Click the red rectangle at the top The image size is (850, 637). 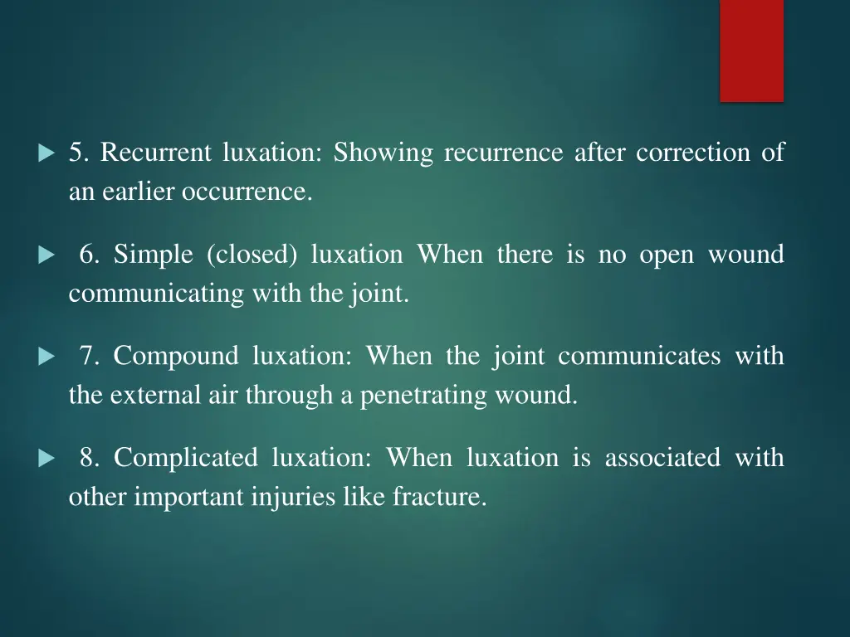pos(751,51)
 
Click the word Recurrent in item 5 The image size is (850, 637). pos(154,153)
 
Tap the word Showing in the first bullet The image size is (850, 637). pos(383,153)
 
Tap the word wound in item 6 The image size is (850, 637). pos(745,255)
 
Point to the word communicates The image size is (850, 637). pos(639,357)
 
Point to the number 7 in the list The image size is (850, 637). pos(89,357)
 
